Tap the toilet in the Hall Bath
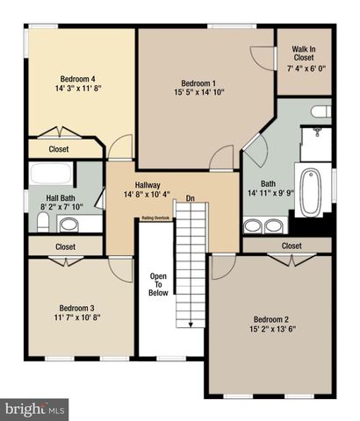pos(42,223)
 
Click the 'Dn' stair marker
pos(190,199)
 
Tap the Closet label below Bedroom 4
pos(60,149)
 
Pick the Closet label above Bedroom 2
pos(292,246)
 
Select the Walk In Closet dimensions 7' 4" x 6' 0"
pos(304,68)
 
